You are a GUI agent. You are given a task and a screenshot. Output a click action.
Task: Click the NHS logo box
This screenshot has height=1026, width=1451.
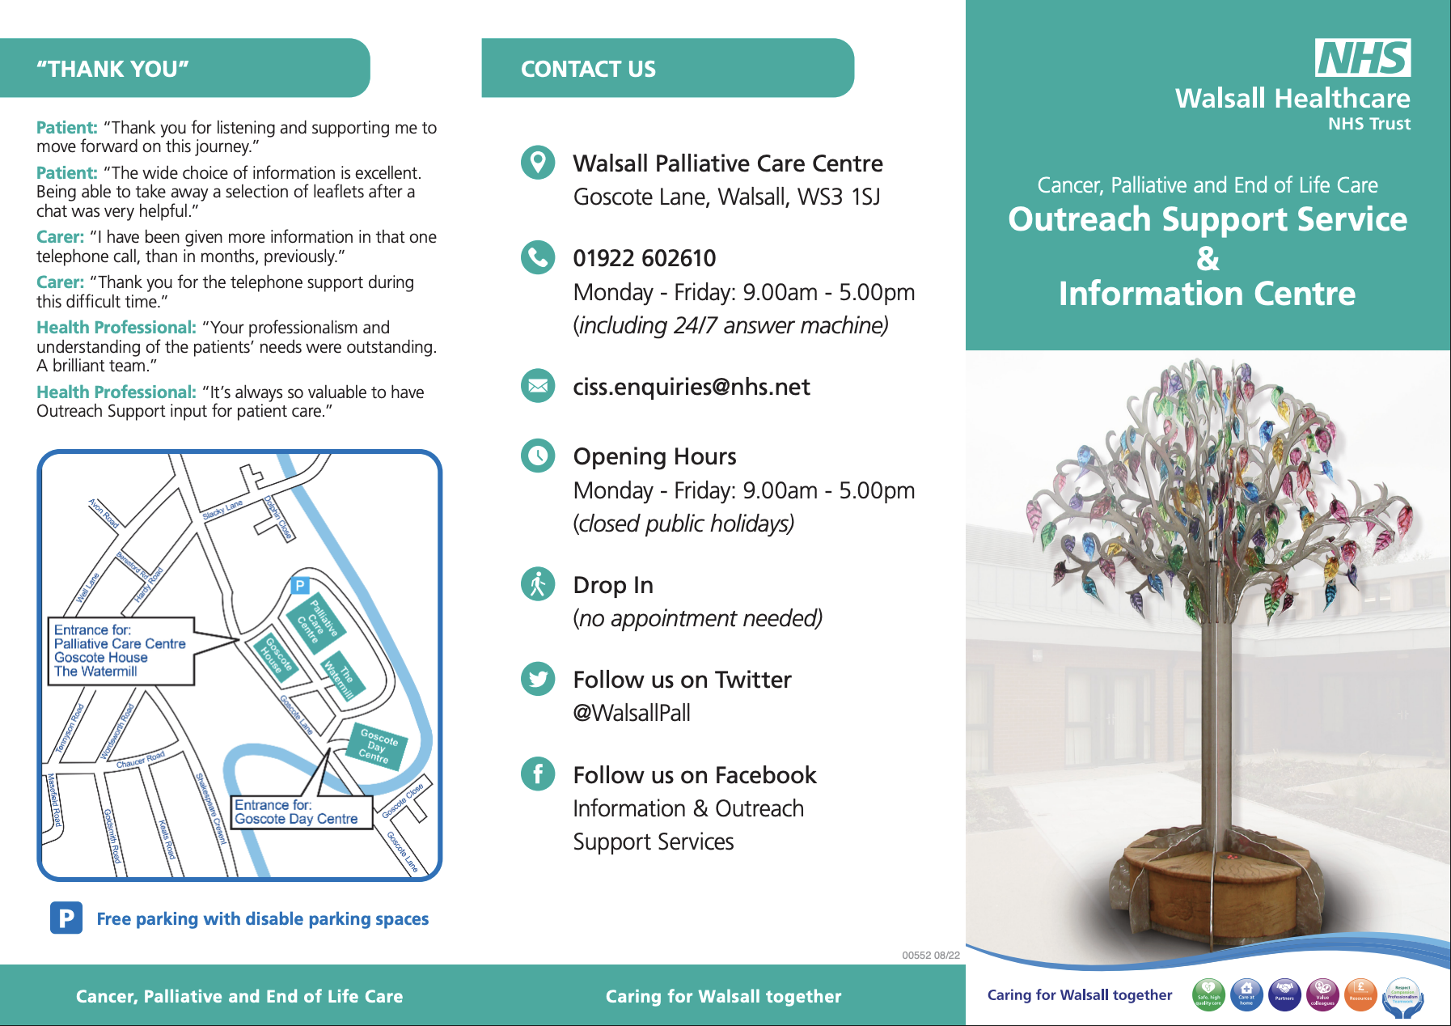(1363, 58)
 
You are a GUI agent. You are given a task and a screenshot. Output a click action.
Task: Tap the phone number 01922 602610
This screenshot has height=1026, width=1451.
(645, 258)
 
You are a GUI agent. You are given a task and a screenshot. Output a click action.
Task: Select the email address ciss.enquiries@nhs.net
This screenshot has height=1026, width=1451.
(692, 387)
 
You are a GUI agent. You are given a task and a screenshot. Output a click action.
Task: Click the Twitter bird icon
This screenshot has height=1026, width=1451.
(538, 679)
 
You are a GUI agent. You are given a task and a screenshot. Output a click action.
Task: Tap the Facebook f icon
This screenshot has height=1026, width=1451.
(538, 774)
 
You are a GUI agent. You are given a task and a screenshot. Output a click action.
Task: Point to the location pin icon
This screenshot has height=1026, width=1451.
(538, 163)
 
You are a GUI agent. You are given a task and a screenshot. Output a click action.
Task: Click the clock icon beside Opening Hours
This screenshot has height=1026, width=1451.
(538, 456)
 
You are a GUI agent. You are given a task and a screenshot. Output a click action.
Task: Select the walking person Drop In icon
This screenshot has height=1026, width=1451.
(538, 583)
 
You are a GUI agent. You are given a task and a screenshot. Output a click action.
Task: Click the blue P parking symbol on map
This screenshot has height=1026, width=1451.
(300, 585)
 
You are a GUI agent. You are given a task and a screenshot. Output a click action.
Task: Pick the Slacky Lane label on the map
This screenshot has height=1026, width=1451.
(222, 510)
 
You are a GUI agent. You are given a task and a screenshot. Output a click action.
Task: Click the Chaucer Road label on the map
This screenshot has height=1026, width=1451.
(141, 760)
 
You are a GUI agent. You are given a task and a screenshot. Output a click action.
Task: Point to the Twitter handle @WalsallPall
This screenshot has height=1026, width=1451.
(632, 713)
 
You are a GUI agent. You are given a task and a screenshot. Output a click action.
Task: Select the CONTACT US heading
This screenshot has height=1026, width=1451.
(588, 70)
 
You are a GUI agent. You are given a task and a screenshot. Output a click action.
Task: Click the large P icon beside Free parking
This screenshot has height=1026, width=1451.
(66, 918)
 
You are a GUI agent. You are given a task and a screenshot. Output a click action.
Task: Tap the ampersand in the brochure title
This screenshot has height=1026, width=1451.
(1208, 258)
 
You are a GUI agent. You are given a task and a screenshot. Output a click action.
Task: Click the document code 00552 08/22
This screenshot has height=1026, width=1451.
(931, 956)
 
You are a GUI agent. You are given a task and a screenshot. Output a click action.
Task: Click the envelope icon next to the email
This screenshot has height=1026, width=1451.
(538, 386)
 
